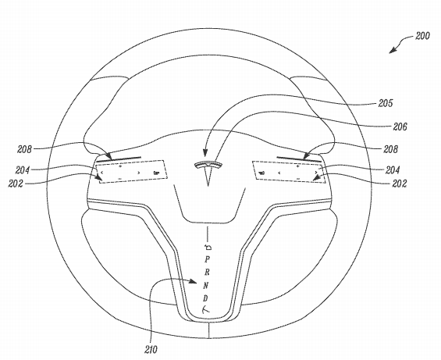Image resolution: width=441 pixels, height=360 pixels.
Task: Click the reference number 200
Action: (423, 36)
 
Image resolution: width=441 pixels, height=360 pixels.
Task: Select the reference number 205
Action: (386, 103)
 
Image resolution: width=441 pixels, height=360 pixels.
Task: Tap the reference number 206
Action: (400, 127)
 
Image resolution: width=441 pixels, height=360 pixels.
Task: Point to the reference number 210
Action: (151, 350)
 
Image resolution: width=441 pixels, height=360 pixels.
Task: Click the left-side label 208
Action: (24, 149)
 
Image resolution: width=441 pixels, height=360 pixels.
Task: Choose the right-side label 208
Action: (391, 149)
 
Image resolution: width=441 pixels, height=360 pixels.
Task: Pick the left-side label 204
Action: (23, 170)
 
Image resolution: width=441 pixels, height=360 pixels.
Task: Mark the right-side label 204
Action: (393, 170)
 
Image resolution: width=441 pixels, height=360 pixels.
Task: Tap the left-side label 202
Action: (16, 184)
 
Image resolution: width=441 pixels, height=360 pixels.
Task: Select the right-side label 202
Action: (400, 184)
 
